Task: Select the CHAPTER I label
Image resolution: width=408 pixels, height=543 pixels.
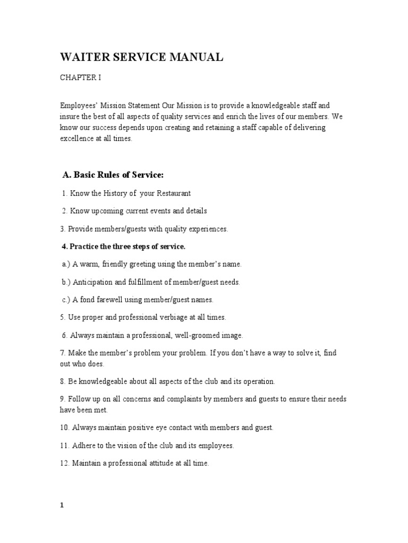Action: point(80,77)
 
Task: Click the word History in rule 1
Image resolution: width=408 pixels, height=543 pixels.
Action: point(108,193)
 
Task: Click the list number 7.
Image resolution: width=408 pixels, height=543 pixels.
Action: point(62,353)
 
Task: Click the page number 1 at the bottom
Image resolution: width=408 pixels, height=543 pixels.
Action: point(62,506)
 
